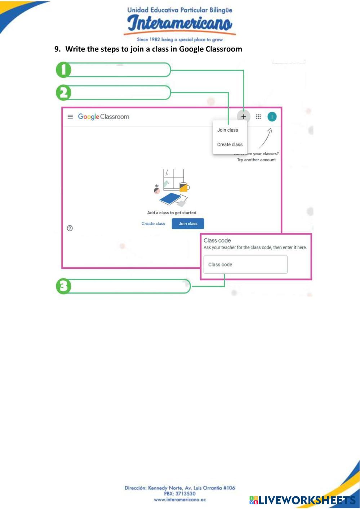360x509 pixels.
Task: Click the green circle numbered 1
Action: pyautogui.click(x=64, y=70)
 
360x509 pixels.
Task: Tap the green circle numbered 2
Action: pyautogui.click(x=64, y=93)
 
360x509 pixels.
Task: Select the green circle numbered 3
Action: pyautogui.click(x=64, y=286)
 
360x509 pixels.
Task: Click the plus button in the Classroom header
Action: pyautogui.click(x=244, y=117)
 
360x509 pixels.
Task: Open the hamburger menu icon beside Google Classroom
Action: pyautogui.click(x=70, y=117)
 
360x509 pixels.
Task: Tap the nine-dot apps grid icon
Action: pyautogui.click(x=258, y=117)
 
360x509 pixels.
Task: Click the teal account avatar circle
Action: pyautogui.click(x=272, y=117)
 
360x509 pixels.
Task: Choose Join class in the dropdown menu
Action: pyautogui.click(x=227, y=130)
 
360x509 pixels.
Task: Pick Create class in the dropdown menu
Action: pyautogui.click(x=230, y=144)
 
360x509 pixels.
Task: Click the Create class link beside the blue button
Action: pyautogui.click(x=153, y=224)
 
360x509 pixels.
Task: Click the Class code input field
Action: pyautogui.click(x=245, y=265)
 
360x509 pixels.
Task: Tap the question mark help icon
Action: pyautogui.click(x=70, y=228)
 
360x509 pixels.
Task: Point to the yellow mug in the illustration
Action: pyautogui.click(x=184, y=187)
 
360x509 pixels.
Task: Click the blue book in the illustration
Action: pyautogui.click(x=170, y=198)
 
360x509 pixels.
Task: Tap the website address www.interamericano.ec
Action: pyautogui.click(x=179, y=500)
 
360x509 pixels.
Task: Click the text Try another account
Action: pyautogui.click(x=256, y=160)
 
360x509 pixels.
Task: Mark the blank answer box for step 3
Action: pyautogui.click(x=128, y=286)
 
